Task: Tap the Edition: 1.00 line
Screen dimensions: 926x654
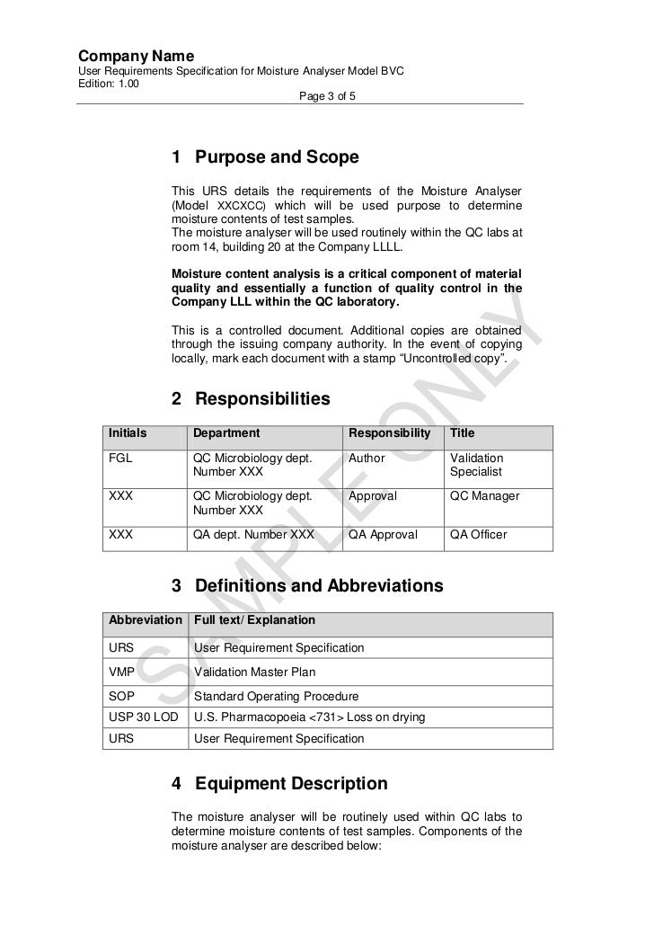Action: [x=109, y=84]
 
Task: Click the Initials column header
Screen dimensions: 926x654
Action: [x=128, y=433]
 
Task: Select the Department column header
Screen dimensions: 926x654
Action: [x=226, y=433]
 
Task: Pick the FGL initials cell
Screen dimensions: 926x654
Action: [x=120, y=459]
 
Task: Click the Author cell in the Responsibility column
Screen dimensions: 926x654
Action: [x=367, y=459]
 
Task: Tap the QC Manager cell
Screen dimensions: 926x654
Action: [x=484, y=496]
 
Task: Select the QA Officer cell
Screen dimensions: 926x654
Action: [x=479, y=535]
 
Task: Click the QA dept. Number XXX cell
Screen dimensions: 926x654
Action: [x=253, y=535]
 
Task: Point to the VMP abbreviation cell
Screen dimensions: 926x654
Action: [x=122, y=672]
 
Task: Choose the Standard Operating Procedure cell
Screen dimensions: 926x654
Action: [x=276, y=697]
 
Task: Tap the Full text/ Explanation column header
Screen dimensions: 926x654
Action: [x=254, y=620]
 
